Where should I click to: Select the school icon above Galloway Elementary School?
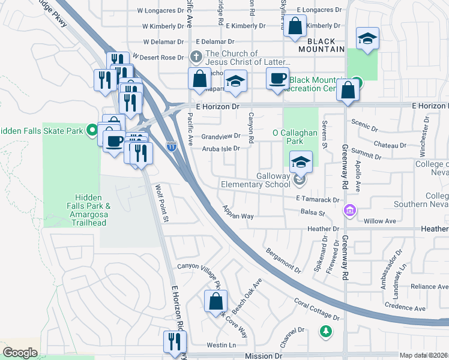click(301, 162)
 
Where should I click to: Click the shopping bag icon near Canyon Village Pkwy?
click(215, 302)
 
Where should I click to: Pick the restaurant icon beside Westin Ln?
click(175, 341)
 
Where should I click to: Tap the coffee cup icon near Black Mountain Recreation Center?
click(277, 79)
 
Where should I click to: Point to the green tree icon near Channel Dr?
click(325, 331)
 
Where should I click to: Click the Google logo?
click(20, 352)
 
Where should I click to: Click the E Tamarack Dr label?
click(318, 199)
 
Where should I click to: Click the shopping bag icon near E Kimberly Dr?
click(295, 26)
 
